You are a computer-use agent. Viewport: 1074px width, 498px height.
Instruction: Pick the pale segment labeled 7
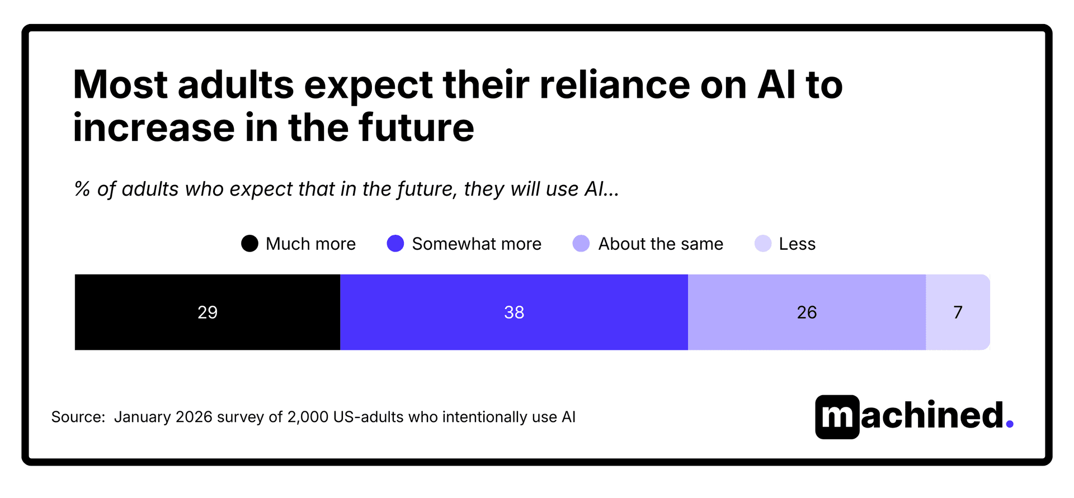coord(958,312)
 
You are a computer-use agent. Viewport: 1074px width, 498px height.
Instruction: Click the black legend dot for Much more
coord(249,244)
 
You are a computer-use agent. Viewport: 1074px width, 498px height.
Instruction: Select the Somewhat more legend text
coord(476,244)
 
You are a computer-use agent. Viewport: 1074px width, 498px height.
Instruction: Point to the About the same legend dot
coord(581,244)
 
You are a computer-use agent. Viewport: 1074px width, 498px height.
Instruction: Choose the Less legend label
coord(797,244)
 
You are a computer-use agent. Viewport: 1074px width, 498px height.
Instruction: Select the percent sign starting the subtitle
coord(82,189)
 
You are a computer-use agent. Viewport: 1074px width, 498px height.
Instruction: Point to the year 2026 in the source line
coord(194,417)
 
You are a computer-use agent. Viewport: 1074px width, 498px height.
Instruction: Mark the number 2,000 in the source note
coord(307,417)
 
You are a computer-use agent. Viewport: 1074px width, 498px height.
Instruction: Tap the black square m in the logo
coord(837,417)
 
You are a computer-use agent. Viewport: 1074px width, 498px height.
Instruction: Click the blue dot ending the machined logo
coord(1009,425)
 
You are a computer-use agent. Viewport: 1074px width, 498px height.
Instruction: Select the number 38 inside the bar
coord(514,312)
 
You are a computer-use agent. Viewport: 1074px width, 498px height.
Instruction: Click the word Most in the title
coord(120,85)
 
